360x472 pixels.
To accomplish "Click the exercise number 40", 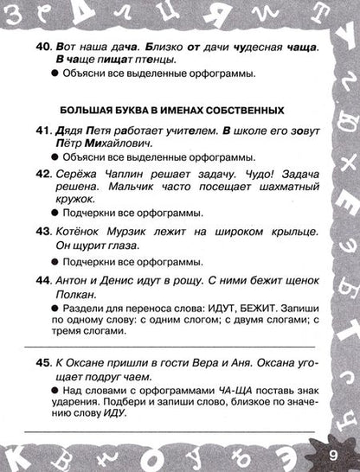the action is coord(45,44).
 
